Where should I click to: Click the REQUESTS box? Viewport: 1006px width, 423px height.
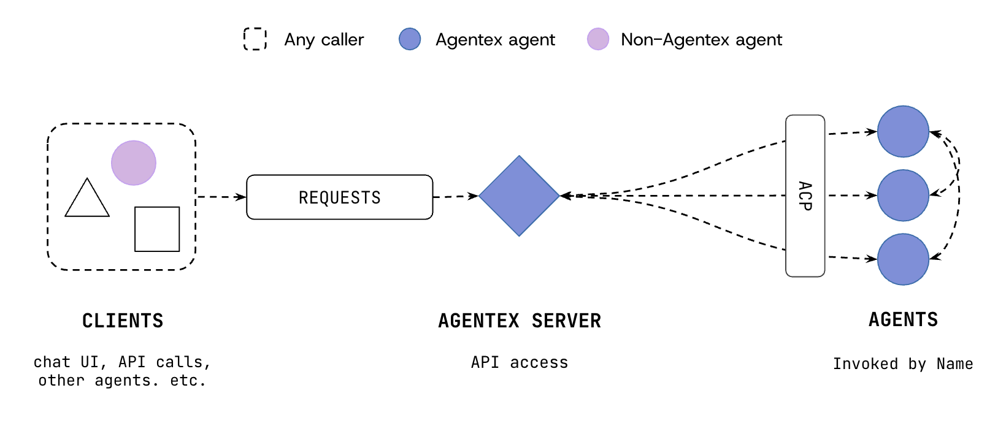(x=339, y=197)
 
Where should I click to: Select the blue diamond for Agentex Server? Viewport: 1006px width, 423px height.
(x=519, y=196)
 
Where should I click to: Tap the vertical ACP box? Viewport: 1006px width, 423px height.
(x=805, y=196)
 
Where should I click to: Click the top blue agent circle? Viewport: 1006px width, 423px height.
(x=903, y=131)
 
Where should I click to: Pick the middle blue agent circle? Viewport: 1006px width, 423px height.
(x=903, y=196)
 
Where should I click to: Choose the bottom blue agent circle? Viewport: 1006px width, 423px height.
(x=903, y=259)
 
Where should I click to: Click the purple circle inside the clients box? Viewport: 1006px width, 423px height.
(x=134, y=163)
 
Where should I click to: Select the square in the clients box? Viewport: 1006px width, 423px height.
(x=157, y=229)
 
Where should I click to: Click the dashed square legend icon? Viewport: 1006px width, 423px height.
(x=255, y=39)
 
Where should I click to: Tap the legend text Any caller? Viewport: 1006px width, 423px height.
(x=324, y=40)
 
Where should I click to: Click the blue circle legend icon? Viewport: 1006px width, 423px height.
(x=410, y=39)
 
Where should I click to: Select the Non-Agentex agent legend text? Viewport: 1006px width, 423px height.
(x=701, y=40)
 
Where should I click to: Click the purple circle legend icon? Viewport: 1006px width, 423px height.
(x=598, y=39)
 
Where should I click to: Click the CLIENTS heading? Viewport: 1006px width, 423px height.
(x=123, y=321)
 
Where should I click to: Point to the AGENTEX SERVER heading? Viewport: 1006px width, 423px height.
(x=520, y=321)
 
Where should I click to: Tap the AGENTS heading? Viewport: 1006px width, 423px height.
(x=903, y=319)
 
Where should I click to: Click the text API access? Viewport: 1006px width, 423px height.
(x=520, y=362)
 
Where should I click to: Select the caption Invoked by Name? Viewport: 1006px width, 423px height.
(x=903, y=364)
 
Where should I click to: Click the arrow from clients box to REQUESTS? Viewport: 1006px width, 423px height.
(x=221, y=197)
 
